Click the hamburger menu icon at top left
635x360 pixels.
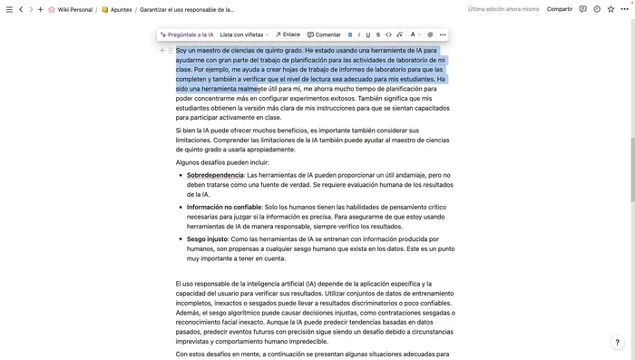pos(8,9)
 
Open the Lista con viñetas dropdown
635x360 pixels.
pos(244,34)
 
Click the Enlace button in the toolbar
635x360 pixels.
pos(288,34)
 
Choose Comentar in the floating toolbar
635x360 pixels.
pos(324,34)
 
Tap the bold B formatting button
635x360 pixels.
pos(350,34)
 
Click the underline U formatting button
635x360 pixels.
pos(368,34)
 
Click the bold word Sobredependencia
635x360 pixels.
pos(215,174)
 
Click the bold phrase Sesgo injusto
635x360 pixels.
pos(208,238)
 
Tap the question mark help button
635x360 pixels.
pos(618,343)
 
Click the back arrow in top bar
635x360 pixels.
pos(21,9)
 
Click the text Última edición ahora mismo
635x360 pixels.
pos(503,9)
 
